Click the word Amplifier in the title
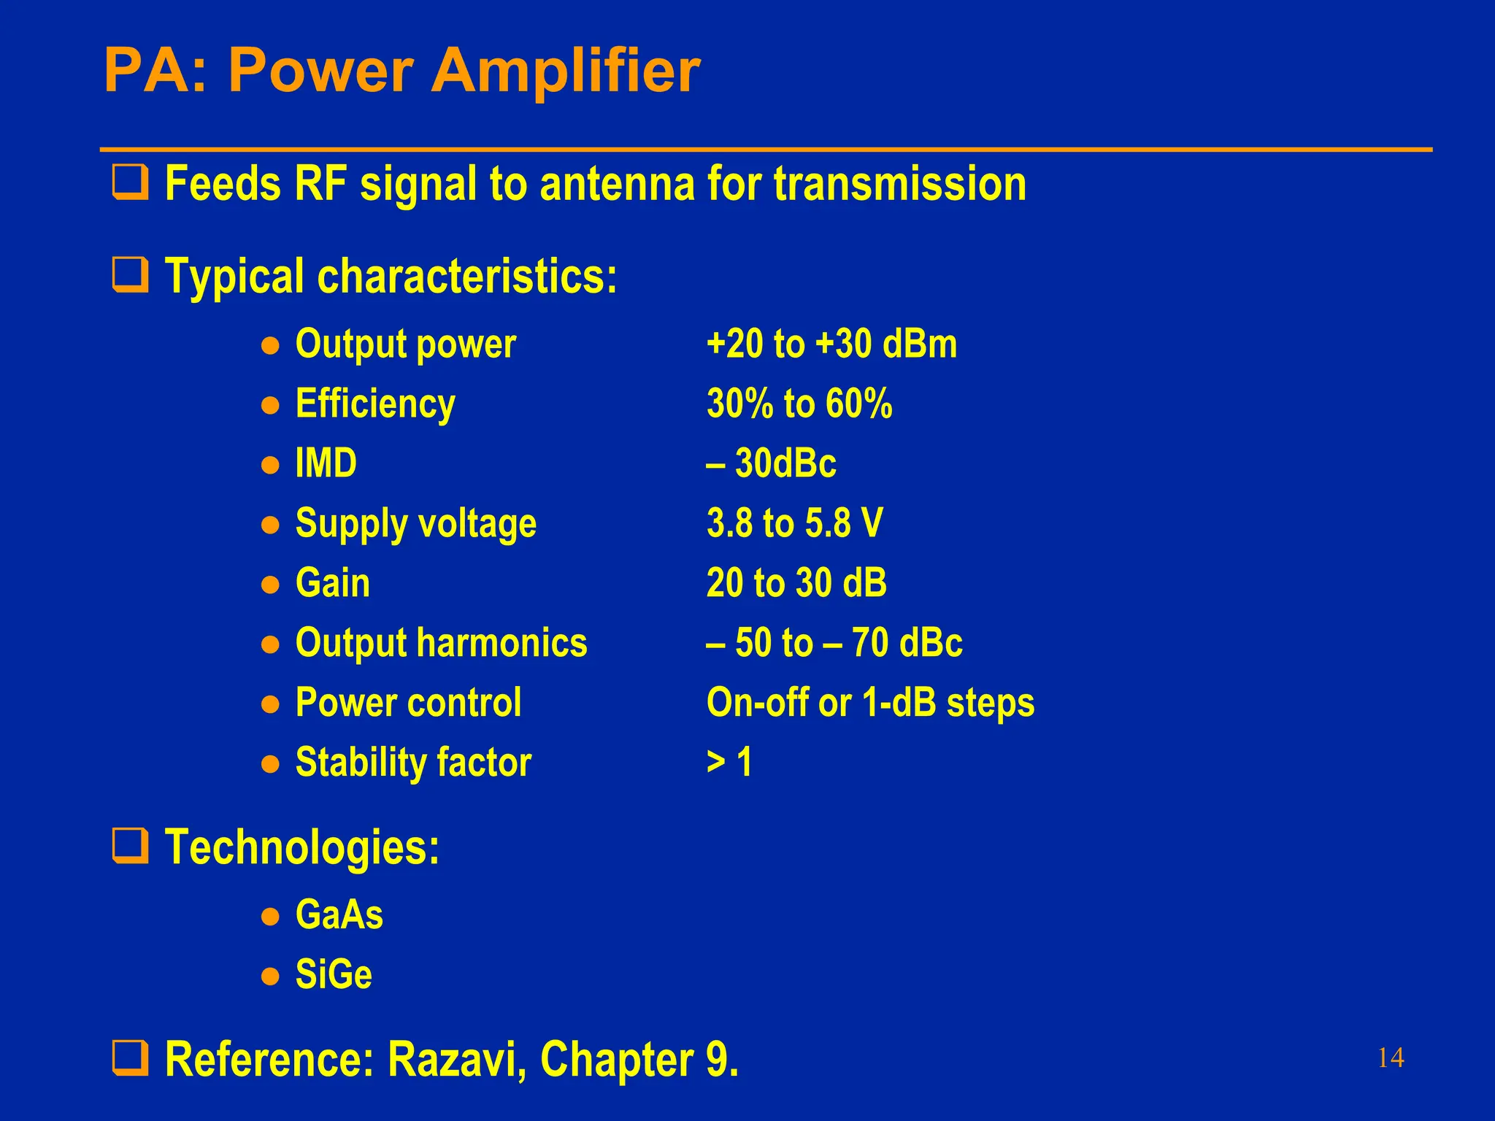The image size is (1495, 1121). pyautogui.click(x=566, y=72)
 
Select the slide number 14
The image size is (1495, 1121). pyautogui.click(x=1390, y=1058)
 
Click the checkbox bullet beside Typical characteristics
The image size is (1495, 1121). pyautogui.click(x=130, y=275)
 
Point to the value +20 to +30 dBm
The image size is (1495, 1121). pyautogui.click(x=831, y=344)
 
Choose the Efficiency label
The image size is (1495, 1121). pyautogui.click(x=375, y=404)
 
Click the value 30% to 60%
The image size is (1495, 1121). pyautogui.click(x=799, y=404)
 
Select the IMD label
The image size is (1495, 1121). pyautogui.click(x=326, y=463)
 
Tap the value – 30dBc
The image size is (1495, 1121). pyautogui.click(x=771, y=463)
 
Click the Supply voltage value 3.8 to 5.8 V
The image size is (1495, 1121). pyautogui.click(x=795, y=523)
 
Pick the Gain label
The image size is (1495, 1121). pyautogui.click(x=333, y=583)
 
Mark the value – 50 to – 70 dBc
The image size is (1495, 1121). pyautogui.click(x=834, y=643)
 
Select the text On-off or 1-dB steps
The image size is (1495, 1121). pyautogui.click(x=870, y=703)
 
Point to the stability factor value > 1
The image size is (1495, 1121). pyautogui.click(x=729, y=763)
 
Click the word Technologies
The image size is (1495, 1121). pyautogui.click(x=301, y=847)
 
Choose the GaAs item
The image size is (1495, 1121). pyautogui.click(x=339, y=914)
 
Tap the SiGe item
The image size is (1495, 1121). pyautogui.click(x=334, y=974)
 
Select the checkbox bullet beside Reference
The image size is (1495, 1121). pyautogui.click(x=130, y=1058)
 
